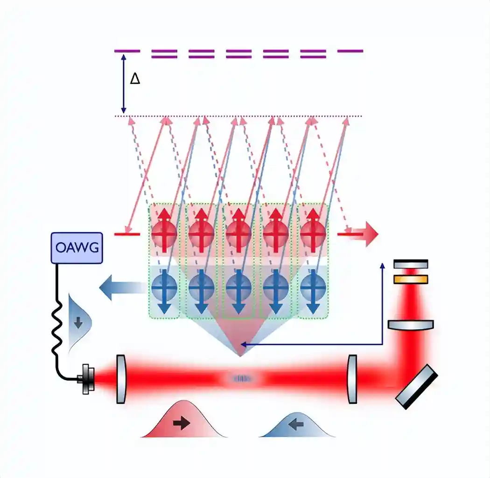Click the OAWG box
[77, 247]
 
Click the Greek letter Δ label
[135, 78]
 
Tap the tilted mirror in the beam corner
[417, 386]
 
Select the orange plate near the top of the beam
[411, 279]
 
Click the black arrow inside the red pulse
[181, 423]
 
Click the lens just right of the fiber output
[121, 378]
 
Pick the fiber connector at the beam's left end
[87, 378]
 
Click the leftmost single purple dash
[127, 51]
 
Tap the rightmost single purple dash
[350, 51]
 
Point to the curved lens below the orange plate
[411, 324]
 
